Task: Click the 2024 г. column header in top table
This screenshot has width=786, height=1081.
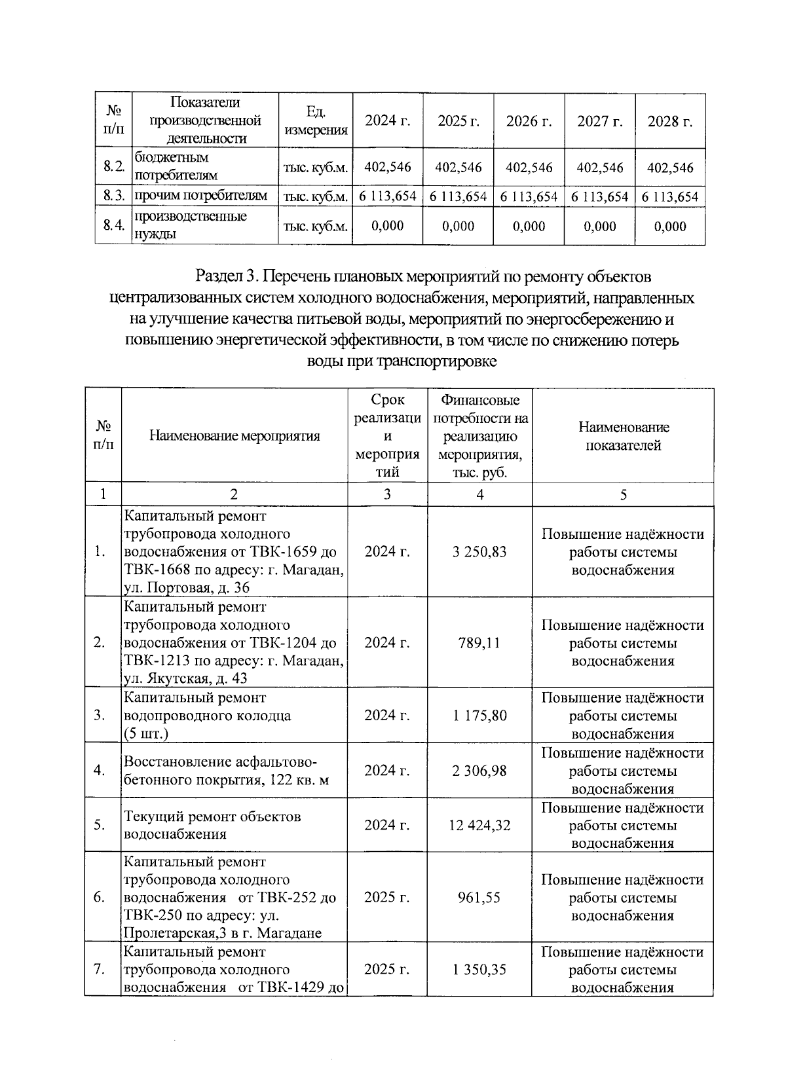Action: pyautogui.click(x=387, y=121)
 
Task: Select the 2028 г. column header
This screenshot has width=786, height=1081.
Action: pyautogui.click(x=670, y=121)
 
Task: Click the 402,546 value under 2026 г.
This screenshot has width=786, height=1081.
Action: pyautogui.click(x=529, y=168)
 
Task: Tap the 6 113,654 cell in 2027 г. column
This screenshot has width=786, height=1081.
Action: pyautogui.click(x=599, y=196)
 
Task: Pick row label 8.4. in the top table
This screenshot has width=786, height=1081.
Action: pyautogui.click(x=113, y=226)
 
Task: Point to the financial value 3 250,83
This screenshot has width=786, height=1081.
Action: pyautogui.click(x=479, y=552)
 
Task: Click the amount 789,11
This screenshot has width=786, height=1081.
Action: pyautogui.click(x=479, y=643)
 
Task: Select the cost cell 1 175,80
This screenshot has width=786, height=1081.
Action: pyautogui.click(x=479, y=716)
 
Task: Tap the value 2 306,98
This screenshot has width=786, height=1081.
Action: pyautogui.click(x=479, y=771)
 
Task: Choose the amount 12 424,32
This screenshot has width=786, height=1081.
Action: pyautogui.click(x=479, y=826)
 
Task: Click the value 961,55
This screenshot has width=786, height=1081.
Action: pyautogui.click(x=479, y=898)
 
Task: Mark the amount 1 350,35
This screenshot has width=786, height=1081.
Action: pyautogui.click(x=479, y=970)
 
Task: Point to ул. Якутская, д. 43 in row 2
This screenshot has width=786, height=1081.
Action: pyautogui.click(x=185, y=679)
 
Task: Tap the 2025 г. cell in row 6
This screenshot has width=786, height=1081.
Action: pyautogui.click(x=386, y=898)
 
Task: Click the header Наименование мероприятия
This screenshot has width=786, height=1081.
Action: pyautogui.click(x=234, y=436)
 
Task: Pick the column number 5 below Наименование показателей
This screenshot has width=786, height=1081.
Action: pyautogui.click(x=623, y=495)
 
